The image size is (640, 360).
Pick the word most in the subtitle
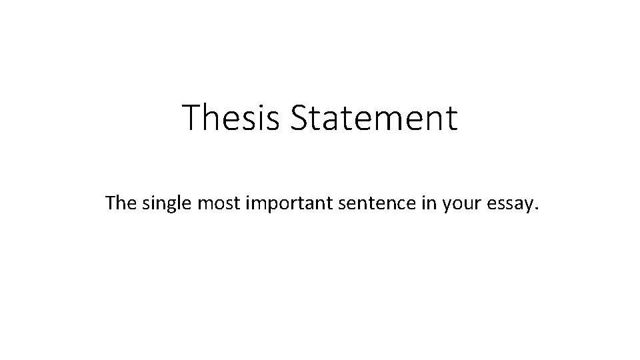pos(213,203)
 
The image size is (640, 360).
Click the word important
pos(284,204)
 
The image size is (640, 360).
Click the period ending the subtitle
pos(533,209)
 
